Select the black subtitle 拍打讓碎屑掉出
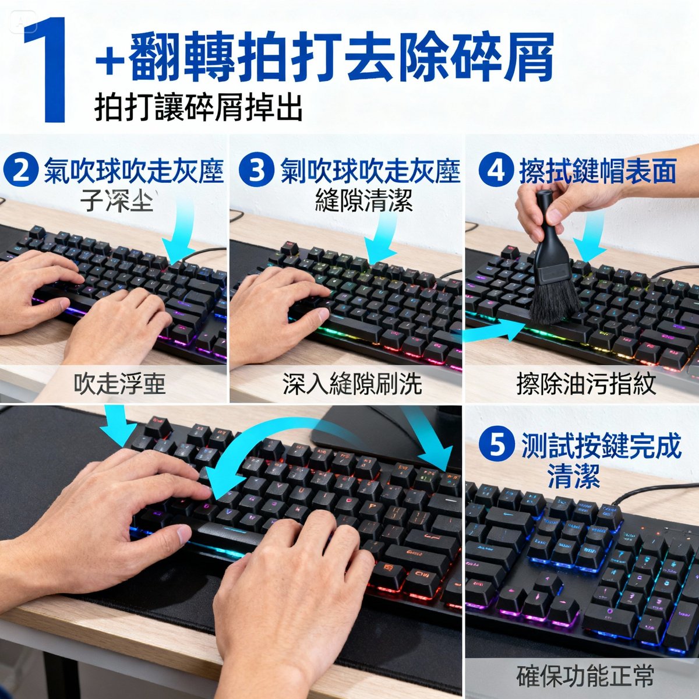(199, 107)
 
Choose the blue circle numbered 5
(497, 446)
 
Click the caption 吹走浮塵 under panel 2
(119, 384)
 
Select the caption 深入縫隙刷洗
(352, 384)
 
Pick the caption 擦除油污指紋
(586, 384)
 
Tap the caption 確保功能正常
(585, 676)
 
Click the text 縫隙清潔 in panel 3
(364, 201)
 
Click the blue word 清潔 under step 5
(573, 476)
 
